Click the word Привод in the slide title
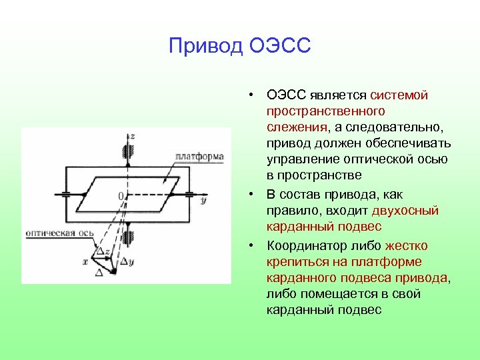(206, 46)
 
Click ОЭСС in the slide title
(280, 46)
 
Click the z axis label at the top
(132, 136)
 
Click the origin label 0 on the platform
(121, 196)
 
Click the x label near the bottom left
(85, 261)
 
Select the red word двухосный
(410, 211)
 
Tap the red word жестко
(406, 245)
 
